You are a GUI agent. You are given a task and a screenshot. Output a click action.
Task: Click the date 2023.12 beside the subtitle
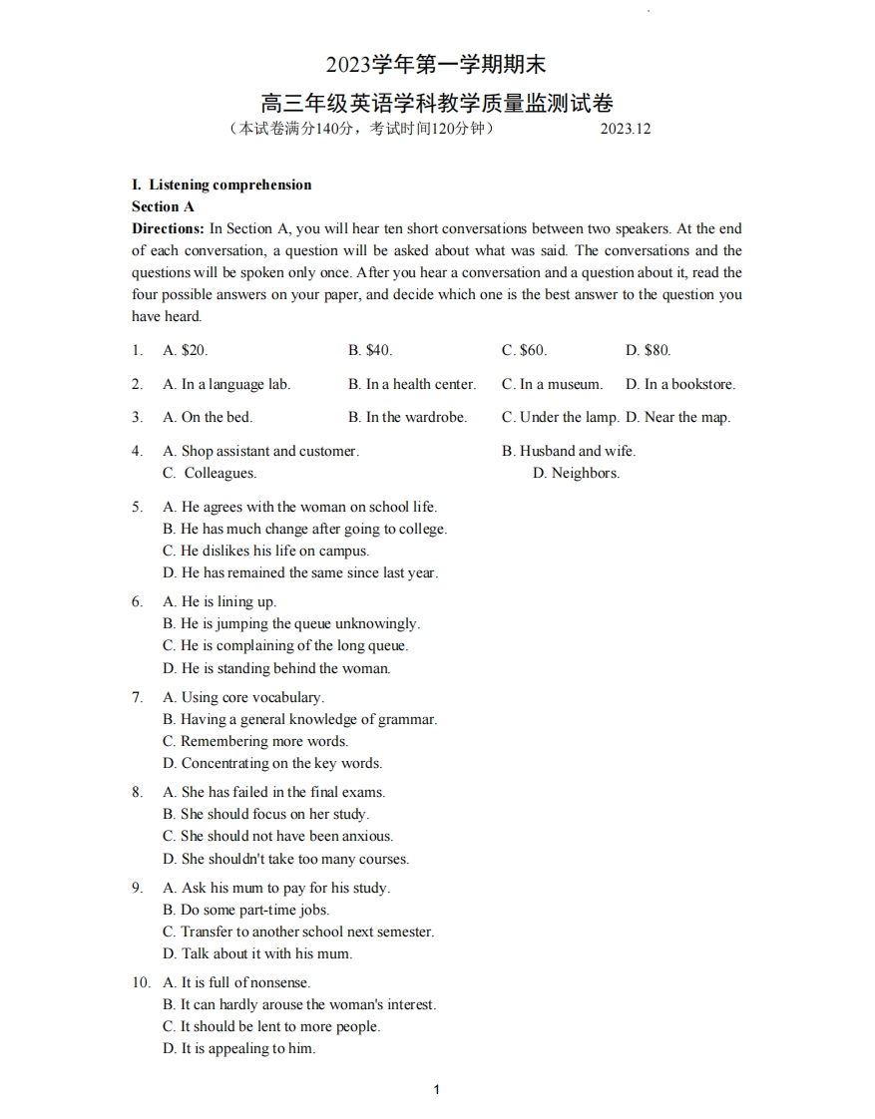click(x=626, y=129)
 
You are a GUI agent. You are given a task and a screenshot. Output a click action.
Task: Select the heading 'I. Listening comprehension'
click(x=221, y=185)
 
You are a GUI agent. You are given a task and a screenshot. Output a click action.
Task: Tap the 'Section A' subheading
click(x=163, y=206)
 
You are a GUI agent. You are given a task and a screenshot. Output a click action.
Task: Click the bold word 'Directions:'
click(x=168, y=228)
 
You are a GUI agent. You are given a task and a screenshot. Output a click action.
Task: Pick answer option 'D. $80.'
click(x=648, y=350)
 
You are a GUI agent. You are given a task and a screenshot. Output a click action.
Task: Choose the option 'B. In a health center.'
click(x=412, y=384)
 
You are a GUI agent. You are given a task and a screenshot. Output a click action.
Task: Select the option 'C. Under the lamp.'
click(x=560, y=417)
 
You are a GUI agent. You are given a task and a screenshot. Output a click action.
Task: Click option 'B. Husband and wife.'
click(x=568, y=451)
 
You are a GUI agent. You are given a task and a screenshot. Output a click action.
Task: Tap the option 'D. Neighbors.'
click(x=576, y=473)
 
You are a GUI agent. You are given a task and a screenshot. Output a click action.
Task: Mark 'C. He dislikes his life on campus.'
click(x=265, y=551)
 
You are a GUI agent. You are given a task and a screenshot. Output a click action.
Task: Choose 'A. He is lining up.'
click(x=219, y=601)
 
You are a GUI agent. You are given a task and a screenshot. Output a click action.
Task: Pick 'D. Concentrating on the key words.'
click(x=272, y=763)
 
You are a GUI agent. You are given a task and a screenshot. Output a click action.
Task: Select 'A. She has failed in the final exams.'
click(x=273, y=792)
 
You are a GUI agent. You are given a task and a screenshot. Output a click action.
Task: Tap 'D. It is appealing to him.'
click(x=238, y=1048)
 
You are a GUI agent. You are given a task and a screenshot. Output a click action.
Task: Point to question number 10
click(x=141, y=982)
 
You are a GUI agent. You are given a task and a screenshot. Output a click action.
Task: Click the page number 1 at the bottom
click(x=437, y=1090)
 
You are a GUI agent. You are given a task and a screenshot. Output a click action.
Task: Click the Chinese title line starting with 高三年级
click(x=437, y=102)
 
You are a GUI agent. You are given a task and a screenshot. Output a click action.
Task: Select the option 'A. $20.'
click(x=185, y=350)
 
